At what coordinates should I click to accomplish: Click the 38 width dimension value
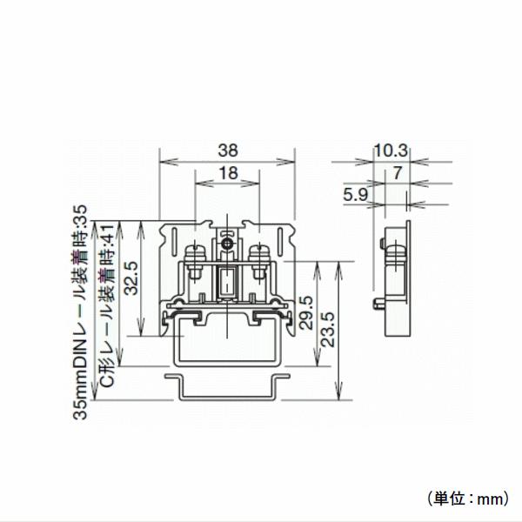click(226, 150)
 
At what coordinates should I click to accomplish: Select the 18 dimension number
click(227, 173)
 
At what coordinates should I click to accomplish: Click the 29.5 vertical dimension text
click(305, 312)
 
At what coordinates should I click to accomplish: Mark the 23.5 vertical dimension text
click(328, 330)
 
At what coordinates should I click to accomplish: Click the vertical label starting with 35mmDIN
click(81, 313)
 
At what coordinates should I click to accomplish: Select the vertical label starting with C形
click(105, 309)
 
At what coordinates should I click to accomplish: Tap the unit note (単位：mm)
click(467, 498)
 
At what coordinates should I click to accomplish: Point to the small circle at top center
click(226, 245)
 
